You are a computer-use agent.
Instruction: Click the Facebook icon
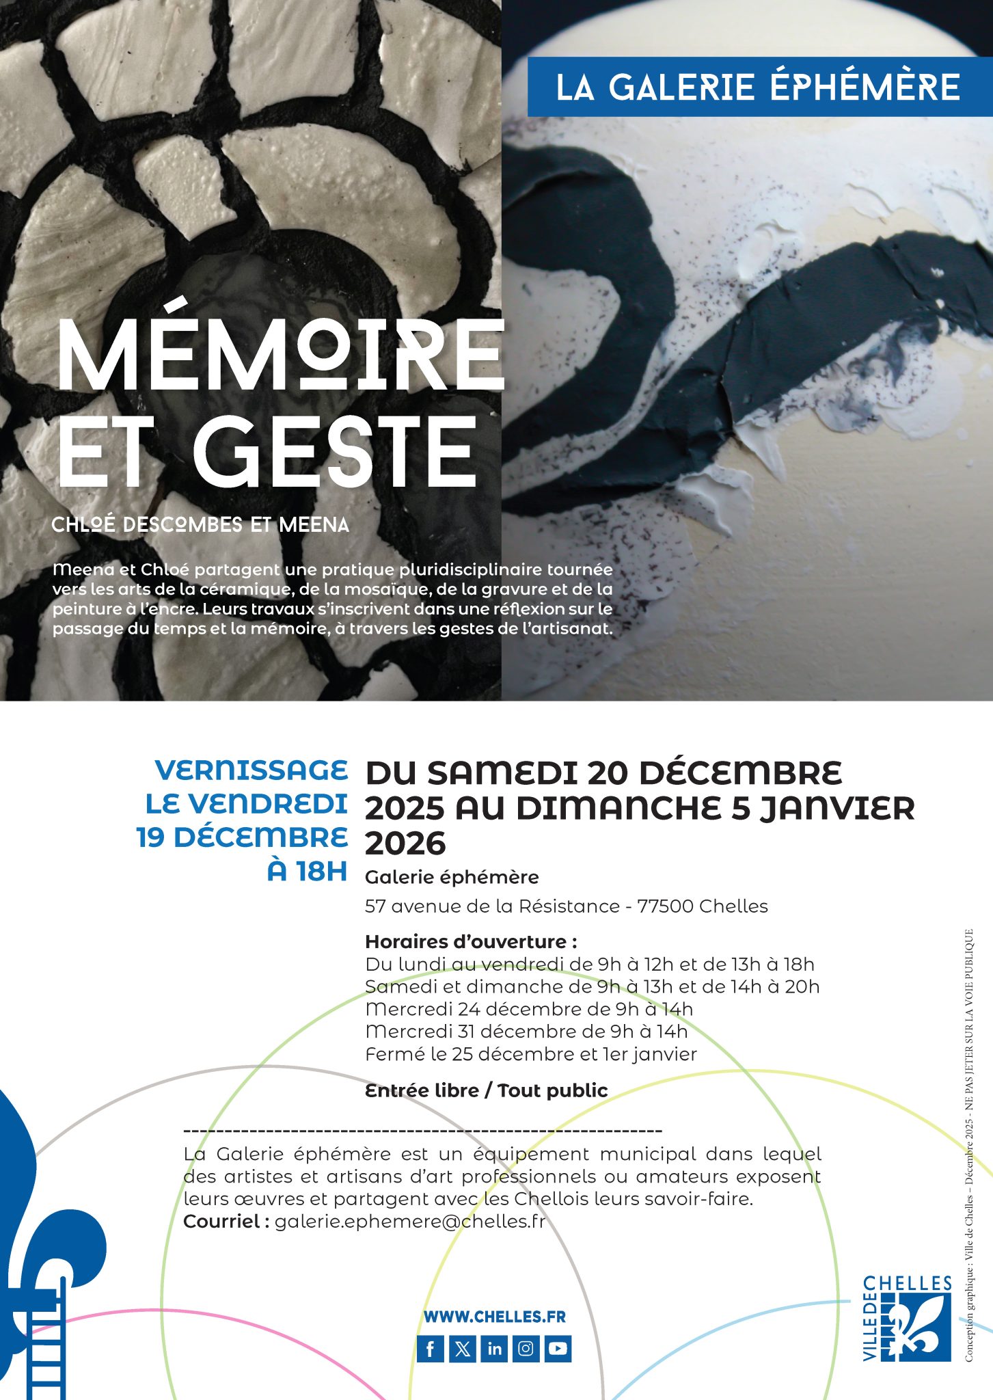point(431,1349)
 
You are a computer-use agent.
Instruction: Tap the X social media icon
point(463,1349)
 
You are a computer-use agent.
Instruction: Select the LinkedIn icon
point(495,1349)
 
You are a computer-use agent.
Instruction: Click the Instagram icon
point(526,1349)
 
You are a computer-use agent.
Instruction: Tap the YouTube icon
point(558,1349)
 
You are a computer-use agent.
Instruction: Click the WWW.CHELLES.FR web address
point(495,1317)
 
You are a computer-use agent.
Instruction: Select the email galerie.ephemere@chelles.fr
point(410,1221)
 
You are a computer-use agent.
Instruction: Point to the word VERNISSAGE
point(251,770)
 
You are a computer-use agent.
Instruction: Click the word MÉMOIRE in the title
point(280,355)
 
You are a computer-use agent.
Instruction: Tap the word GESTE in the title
point(335,451)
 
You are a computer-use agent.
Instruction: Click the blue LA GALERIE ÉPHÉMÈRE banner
point(758,87)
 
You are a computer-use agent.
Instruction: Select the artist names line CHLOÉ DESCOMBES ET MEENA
point(200,525)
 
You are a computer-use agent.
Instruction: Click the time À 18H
point(308,872)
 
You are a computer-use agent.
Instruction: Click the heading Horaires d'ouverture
point(471,941)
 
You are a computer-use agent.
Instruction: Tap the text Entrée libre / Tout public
point(487,1090)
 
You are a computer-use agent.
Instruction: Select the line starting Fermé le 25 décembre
point(531,1054)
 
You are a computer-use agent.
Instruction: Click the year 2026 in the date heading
point(405,844)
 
